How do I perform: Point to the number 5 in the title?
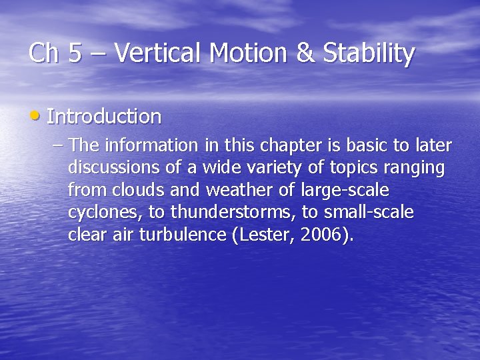[x=75, y=53]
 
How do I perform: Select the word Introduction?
[x=105, y=117]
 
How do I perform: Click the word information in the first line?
[x=150, y=145]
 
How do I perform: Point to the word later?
[x=433, y=145]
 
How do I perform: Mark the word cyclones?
[x=99, y=213]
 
